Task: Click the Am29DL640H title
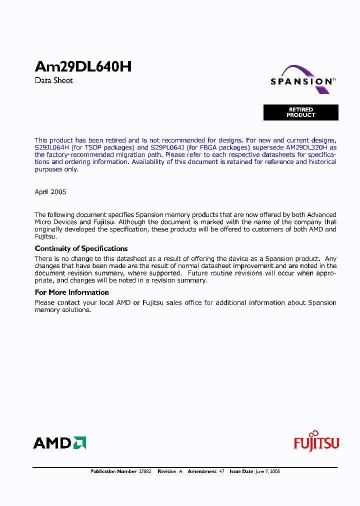pyautogui.click(x=83, y=67)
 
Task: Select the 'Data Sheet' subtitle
pyautogui.click(x=54, y=80)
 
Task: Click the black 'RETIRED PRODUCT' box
pyautogui.click(x=301, y=112)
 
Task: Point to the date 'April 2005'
pyautogui.click(x=50, y=192)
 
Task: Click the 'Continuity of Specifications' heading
pyautogui.click(x=81, y=248)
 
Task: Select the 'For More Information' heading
pyautogui.click(x=71, y=292)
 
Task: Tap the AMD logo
pyautogui.click(x=59, y=443)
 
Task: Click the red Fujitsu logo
pyautogui.click(x=316, y=442)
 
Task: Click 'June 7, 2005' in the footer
pyautogui.click(x=267, y=471)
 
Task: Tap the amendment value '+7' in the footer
pyautogui.click(x=221, y=471)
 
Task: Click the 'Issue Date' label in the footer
pyautogui.click(x=241, y=471)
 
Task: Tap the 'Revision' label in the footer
pyautogui.click(x=167, y=471)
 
